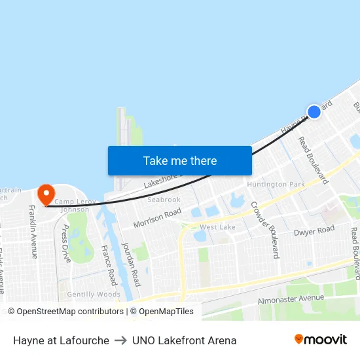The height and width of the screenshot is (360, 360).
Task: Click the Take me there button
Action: coord(180,160)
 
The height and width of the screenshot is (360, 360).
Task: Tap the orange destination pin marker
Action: coord(46,194)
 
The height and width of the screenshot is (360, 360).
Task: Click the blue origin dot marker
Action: coord(314,112)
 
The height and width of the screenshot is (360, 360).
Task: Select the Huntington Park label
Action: coord(276,185)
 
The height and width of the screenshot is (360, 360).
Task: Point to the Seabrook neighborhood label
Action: coord(164,200)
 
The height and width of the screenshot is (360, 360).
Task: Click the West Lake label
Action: coord(217,227)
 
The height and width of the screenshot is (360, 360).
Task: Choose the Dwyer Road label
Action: coord(314,231)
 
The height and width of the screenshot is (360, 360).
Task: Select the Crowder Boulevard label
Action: coord(264,229)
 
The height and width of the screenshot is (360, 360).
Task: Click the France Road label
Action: coord(109,265)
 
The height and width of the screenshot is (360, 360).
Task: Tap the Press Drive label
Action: coord(65,243)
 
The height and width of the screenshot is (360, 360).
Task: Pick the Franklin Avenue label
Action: coord(32,231)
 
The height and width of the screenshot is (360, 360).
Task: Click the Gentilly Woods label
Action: coord(94,295)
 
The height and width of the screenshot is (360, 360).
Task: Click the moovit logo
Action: coord(321,339)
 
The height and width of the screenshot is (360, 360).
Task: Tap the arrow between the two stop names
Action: coord(120,340)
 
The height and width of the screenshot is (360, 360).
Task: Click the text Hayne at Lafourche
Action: coord(61,340)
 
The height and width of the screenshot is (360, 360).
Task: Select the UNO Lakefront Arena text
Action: coord(184,340)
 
